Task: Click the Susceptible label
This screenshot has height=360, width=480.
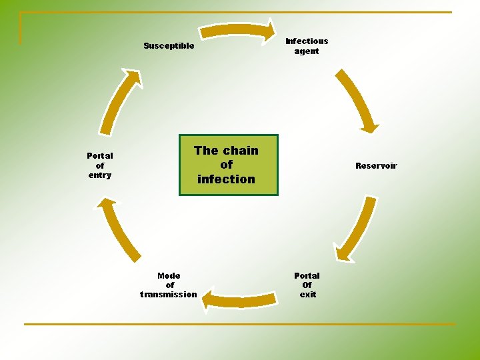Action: (169, 46)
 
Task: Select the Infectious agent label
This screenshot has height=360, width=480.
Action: (307, 46)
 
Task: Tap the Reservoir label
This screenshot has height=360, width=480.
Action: (376, 166)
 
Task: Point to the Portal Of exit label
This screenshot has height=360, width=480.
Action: (307, 285)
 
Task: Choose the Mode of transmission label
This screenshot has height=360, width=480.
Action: (169, 285)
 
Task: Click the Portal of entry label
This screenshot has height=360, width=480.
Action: (100, 165)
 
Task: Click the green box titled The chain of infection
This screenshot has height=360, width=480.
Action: (228, 165)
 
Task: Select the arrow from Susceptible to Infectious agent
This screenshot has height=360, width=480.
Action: (238, 30)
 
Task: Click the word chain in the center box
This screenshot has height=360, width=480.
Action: (241, 151)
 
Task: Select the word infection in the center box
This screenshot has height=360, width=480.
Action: (226, 179)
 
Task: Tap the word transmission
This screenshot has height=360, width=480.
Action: (169, 295)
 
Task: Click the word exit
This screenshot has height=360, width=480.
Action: (307, 295)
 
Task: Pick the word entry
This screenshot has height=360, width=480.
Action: (100, 175)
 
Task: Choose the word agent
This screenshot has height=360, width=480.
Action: (307, 51)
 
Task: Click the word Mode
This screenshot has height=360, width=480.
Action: (169, 275)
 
